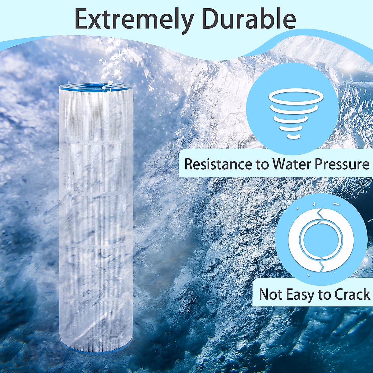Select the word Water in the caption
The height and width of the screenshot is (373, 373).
(291, 164)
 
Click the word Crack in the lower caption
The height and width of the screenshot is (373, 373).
(352, 294)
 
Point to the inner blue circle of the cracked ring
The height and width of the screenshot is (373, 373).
(320, 239)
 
